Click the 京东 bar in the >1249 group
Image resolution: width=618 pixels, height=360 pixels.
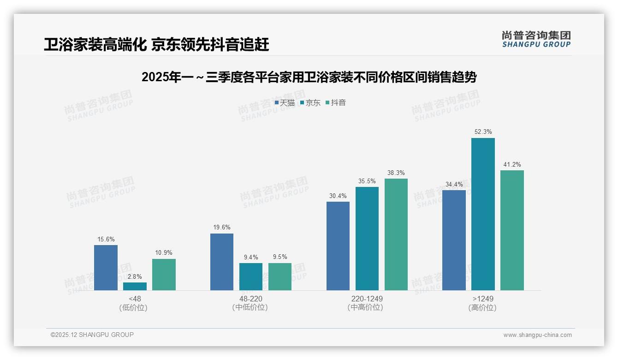point(483,214)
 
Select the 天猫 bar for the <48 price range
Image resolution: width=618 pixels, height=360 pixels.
point(106,268)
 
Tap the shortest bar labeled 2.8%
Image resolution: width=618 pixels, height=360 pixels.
point(135,286)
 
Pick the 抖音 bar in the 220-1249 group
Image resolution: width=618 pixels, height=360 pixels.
point(396,234)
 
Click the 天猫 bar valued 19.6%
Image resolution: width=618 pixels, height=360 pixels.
point(222,262)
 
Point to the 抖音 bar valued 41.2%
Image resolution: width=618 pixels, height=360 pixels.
point(512,230)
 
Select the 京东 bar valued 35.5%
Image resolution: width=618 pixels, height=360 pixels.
point(367,239)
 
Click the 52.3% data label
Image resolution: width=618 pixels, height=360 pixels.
point(483,132)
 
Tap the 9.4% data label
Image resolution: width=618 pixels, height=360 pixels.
point(251,257)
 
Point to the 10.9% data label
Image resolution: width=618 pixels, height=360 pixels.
point(164,253)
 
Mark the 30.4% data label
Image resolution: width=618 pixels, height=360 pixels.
point(338,196)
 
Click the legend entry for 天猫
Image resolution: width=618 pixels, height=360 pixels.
point(285,103)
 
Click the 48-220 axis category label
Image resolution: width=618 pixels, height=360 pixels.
point(250,299)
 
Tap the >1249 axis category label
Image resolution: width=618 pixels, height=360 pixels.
point(482,299)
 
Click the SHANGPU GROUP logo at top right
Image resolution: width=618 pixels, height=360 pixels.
point(536,39)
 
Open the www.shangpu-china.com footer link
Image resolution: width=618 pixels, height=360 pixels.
point(537,335)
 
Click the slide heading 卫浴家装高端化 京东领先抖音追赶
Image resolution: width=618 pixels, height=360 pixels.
point(156,45)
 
